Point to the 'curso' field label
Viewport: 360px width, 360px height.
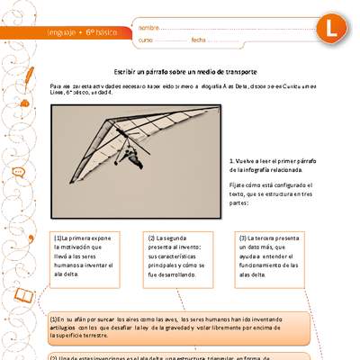[146, 40]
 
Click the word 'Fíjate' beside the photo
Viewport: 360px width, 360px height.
[238, 184]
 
